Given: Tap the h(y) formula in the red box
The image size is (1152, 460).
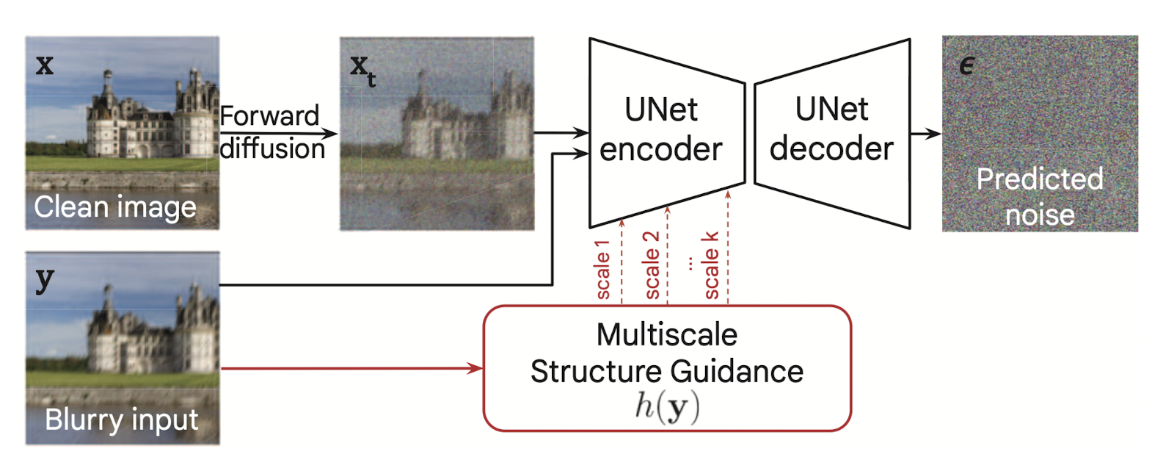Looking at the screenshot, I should tap(666, 406).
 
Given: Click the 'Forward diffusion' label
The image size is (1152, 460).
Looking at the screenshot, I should tap(271, 132).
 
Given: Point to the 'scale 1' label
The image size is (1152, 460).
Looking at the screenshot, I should tap(602, 270).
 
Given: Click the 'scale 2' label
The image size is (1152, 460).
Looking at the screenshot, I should tap(651, 265).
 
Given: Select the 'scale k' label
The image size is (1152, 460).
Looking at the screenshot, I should tap(710, 265).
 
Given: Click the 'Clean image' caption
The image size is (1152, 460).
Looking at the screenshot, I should tap(115, 207).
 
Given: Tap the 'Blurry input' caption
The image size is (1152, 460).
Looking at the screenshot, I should tap(121, 420).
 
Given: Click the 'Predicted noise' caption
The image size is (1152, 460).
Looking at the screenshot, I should tap(1040, 197).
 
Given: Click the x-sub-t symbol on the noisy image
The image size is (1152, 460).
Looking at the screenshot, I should tap(362, 69).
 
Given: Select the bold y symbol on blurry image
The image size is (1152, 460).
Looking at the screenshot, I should tap(45, 279).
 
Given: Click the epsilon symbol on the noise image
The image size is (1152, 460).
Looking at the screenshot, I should tap(967, 66).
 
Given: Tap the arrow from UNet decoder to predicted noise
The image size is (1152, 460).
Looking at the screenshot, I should tap(925, 134).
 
